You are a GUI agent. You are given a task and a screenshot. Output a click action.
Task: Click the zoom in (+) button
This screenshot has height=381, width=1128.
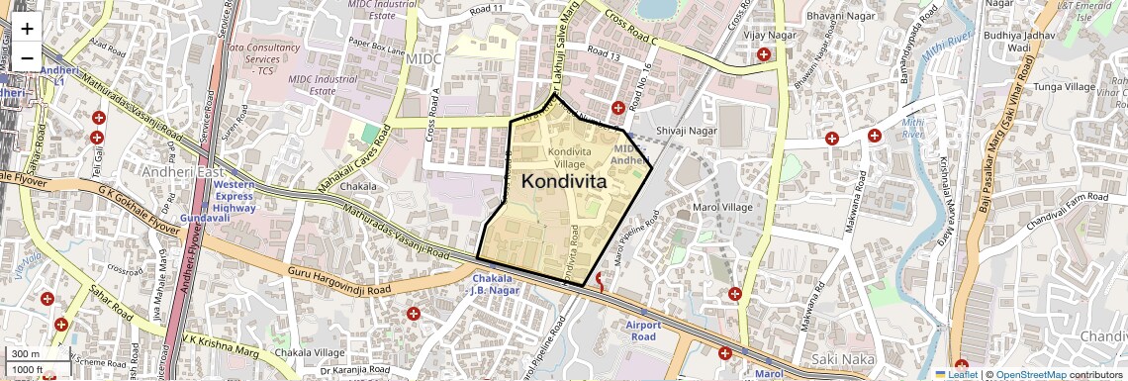pyautogui.click(x=27, y=29)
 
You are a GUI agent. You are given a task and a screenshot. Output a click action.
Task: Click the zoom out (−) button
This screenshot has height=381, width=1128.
pyautogui.click(x=27, y=57)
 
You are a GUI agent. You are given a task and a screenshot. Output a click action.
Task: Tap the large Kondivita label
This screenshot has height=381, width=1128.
pyautogui.click(x=563, y=182)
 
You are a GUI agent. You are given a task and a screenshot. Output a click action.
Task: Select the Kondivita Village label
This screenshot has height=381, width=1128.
pyautogui.click(x=570, y=156)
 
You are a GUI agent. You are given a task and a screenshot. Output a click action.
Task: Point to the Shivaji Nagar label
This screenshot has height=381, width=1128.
pyautogui.click(x=686, y=131)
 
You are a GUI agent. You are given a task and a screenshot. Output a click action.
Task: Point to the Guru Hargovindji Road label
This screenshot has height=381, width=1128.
pyautogui.click(x=339, y=281)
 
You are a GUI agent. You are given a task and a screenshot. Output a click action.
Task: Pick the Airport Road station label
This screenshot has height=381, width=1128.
pyautogui.click(x=641, y=331)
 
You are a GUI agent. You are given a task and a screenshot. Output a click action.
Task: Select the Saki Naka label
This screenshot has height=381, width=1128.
pyautogui.click(x=839, y=358)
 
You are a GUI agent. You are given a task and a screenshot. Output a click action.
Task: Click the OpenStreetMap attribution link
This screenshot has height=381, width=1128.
pyautogui.click(x=1030, y=375)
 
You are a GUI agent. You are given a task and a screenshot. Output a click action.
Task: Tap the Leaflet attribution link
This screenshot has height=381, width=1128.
pyautogui.click(x=956, y=375)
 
